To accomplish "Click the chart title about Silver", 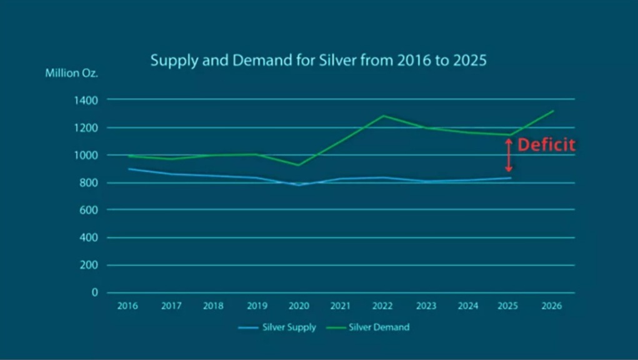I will click(319, 61).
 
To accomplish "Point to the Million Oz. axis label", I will click(71, 73).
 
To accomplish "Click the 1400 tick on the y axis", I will click(86, 100).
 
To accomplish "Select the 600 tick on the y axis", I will click(89, 210).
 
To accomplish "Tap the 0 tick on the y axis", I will click(95, 292).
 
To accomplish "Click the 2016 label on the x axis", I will click(127, 306).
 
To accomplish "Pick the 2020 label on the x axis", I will click(298, 306).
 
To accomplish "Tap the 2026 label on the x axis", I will click(552, 306).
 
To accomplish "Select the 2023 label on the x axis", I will click(426, 306).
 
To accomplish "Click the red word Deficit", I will click(546, 145).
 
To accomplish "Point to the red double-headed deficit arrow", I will click(509, 156).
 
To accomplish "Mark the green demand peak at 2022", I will click(383, 116).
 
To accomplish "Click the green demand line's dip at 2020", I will click(298, 165).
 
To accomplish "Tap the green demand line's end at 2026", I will click(553, 111).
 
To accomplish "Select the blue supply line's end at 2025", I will click(511, 178).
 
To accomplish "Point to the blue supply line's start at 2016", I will click(128, 169).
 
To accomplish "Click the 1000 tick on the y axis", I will click(86, 155).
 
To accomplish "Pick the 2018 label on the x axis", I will click(213, 306).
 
